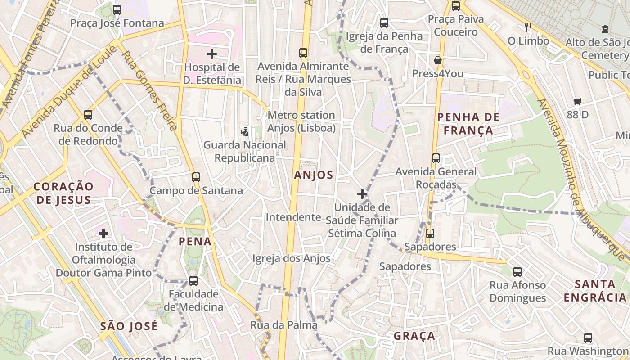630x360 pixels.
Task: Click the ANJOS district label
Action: (314, 175)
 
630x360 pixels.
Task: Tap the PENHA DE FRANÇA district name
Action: (468, 124)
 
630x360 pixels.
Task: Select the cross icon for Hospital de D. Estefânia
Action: (212, 54)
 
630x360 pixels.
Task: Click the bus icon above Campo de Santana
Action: (196, 177)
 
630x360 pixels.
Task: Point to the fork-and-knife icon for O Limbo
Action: (528, 27)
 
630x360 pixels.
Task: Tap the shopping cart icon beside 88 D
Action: (577, 102)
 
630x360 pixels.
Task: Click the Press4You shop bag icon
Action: (437, 60)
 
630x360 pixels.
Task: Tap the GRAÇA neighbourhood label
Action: (414, 336)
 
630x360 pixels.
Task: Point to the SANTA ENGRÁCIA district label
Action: (595, 291)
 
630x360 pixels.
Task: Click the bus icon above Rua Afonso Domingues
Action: (517, 271)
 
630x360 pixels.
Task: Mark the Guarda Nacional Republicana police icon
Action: (245, 131)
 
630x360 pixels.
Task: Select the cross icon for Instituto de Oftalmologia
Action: (103, 234)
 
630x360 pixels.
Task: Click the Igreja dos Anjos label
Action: (291, 258)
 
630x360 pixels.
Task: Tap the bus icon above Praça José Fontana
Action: (117, 9)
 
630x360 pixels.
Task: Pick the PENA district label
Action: (195, 242)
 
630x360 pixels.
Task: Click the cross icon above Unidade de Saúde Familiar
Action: (362, 194)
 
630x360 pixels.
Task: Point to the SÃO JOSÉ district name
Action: (129, 326)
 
